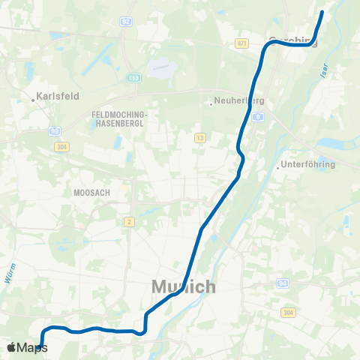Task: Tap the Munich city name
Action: (x=184, y=286)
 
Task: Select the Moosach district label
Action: (x=91, y=193)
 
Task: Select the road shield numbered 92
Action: (x=126, y=22)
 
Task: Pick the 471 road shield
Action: (x=241, y=44)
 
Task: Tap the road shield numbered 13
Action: (x=199, y=137)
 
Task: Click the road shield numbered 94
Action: (x=283, y=283)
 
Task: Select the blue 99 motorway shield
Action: (x=56, y=130)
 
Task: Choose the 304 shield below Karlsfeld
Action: (x=61, y=146)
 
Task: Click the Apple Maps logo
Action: (x=25, y=347)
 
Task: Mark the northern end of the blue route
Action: (x=322, y=12)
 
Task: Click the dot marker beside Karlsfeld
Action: (x=34, y=97)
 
